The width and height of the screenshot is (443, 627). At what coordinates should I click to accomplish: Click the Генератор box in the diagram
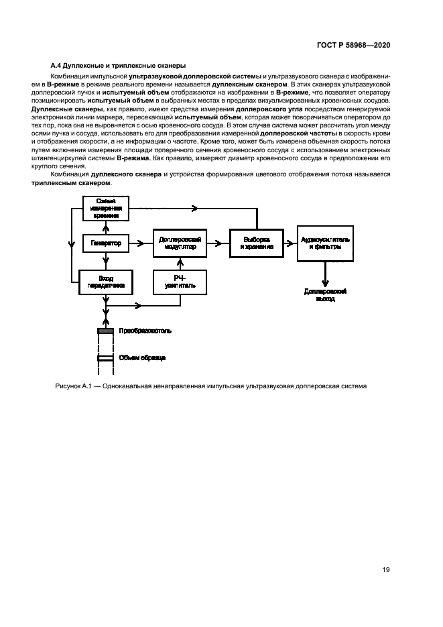pos(106,244)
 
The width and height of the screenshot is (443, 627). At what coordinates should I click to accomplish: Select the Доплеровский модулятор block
pos(180,243)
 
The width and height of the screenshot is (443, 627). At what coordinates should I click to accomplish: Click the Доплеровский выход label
pos(325,295)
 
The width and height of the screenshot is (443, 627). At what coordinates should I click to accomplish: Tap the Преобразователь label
pos(145,331)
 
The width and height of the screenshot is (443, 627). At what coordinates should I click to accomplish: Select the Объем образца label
pos(141,357)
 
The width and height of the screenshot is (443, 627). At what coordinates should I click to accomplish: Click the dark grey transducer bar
pos(105,331)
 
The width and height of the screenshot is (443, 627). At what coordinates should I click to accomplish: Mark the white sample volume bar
pos(105,357)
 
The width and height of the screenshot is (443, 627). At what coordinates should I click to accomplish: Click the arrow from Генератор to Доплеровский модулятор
pos(140,243)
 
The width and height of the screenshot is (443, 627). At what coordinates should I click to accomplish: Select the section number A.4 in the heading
pos(57,66)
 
